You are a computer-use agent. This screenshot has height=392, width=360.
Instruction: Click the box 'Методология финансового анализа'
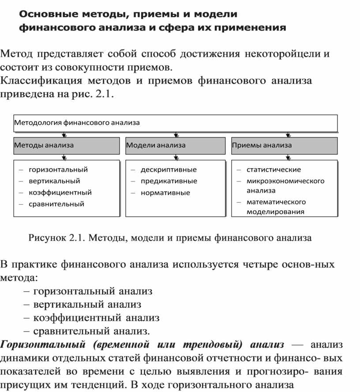click(x=176, y=123)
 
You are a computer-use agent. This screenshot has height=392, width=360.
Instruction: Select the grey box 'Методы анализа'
click(x=66, y=145)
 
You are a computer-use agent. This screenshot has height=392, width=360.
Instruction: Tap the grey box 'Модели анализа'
click(x=176, y=145)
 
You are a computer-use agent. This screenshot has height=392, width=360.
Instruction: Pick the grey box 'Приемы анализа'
click(x=285, y=145)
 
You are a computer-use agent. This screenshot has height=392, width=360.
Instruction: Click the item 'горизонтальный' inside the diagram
click(x=58, y=170)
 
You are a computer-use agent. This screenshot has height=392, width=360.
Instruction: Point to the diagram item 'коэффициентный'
click(x=60, y=192)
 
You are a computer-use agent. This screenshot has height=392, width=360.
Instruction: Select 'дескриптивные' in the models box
click(x=169, y=170)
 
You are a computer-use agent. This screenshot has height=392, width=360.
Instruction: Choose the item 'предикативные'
click(x=169, y=181)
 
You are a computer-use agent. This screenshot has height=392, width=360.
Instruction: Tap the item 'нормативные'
click(x=165, y=192)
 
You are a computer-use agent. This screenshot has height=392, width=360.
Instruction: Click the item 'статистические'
click(x=274, y=170)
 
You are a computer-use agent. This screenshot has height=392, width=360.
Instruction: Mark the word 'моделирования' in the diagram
click(x=275, y=211)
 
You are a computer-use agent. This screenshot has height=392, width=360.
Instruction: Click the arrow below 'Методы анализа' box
click(x=65, y=157)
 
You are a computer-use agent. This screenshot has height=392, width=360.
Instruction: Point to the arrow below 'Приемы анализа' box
click(x=288, y=157)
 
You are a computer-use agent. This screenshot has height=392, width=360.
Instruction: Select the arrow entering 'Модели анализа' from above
click(x=176, y=134)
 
